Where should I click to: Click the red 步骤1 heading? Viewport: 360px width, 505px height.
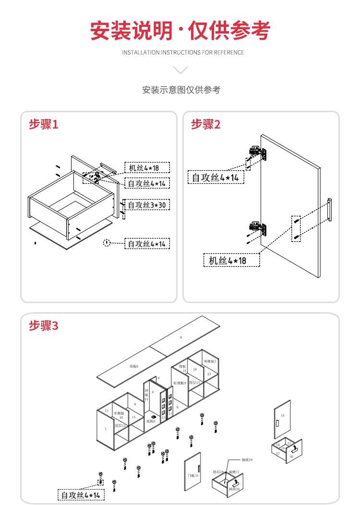coord(44,125)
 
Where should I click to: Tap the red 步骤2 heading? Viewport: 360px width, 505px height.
coord(206,125)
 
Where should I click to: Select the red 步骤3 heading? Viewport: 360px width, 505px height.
coord(44,326)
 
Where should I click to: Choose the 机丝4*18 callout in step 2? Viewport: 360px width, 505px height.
coord(231,260)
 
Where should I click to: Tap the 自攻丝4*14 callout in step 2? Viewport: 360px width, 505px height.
coord(216,177)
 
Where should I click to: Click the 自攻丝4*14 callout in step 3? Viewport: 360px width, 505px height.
coord(81,494)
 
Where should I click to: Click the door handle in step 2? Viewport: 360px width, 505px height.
coord(330,210)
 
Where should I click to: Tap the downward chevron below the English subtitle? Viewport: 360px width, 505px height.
coord(180,70)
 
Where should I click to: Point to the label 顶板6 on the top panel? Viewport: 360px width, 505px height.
coord(134,366)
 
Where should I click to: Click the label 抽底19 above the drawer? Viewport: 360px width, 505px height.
coord(247,460)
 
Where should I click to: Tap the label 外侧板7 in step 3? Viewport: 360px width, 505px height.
coord(210,361)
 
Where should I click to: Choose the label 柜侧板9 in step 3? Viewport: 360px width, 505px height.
coord(180,383)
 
